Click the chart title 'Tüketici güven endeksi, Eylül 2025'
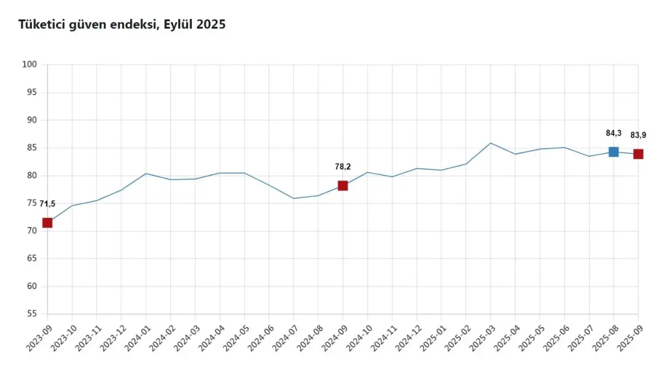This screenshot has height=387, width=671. click(122, 25)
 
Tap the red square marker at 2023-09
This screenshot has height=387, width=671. click(48, 223)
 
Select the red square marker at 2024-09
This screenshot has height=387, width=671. click(343, 186)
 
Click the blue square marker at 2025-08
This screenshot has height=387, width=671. click(613, 152)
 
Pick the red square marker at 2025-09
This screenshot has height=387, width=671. click(638, 154)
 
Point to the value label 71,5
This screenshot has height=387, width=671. click(48, 204)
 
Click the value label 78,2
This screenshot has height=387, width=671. click(343, 167)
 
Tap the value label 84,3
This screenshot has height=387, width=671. click(613, 133)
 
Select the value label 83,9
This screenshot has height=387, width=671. click(638, 135)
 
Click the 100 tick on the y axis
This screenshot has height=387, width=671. click(30, 65)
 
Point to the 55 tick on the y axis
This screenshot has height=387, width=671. click(31, 314)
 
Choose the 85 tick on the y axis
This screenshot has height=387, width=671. click(31, 148)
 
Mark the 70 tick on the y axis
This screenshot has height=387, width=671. click(31, 231)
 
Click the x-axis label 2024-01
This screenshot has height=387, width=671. click(137, 335)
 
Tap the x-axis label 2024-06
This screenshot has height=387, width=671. click(260, 335)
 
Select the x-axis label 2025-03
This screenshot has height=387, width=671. click(481, 335)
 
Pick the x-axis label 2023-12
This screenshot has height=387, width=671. click(112, 335)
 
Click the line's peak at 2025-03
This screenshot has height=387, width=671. click(490, 143)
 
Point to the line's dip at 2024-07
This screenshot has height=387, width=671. click(294, 198)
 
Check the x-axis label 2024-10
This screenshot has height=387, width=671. click(358, 335)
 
